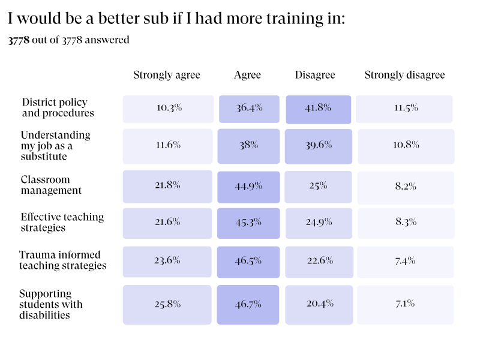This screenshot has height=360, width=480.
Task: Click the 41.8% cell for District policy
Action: coord(318,109)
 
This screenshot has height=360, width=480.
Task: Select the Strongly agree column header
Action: coord(167,75)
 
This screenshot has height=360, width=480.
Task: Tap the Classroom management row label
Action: coord(51,185)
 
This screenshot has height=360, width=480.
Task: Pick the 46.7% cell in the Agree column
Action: coord(248,304)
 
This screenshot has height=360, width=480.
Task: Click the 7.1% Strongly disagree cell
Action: coord(405,304)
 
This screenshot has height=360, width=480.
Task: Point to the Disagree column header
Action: coord(315,75)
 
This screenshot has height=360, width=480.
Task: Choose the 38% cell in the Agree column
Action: coord(248,146)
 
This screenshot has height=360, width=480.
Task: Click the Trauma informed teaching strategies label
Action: coord(62,260)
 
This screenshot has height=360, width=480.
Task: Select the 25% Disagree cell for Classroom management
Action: coord(318,187)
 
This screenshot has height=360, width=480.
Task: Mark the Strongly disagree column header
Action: coord(405,75)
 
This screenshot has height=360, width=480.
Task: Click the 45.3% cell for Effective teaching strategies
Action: coord(248,223)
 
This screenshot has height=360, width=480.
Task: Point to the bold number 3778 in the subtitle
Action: coord(19,40)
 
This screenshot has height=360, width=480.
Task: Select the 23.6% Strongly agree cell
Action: coord(167,261)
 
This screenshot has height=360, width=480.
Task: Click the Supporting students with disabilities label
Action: coord(50,304)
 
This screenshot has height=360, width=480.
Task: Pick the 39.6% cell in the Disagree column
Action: coord(318,146)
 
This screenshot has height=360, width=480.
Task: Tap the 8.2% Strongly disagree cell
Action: coord(406,187)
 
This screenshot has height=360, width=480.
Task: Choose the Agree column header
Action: coord(248,75)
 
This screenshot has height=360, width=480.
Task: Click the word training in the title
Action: coord(292,19)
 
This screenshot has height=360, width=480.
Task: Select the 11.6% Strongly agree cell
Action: coord(168,146)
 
